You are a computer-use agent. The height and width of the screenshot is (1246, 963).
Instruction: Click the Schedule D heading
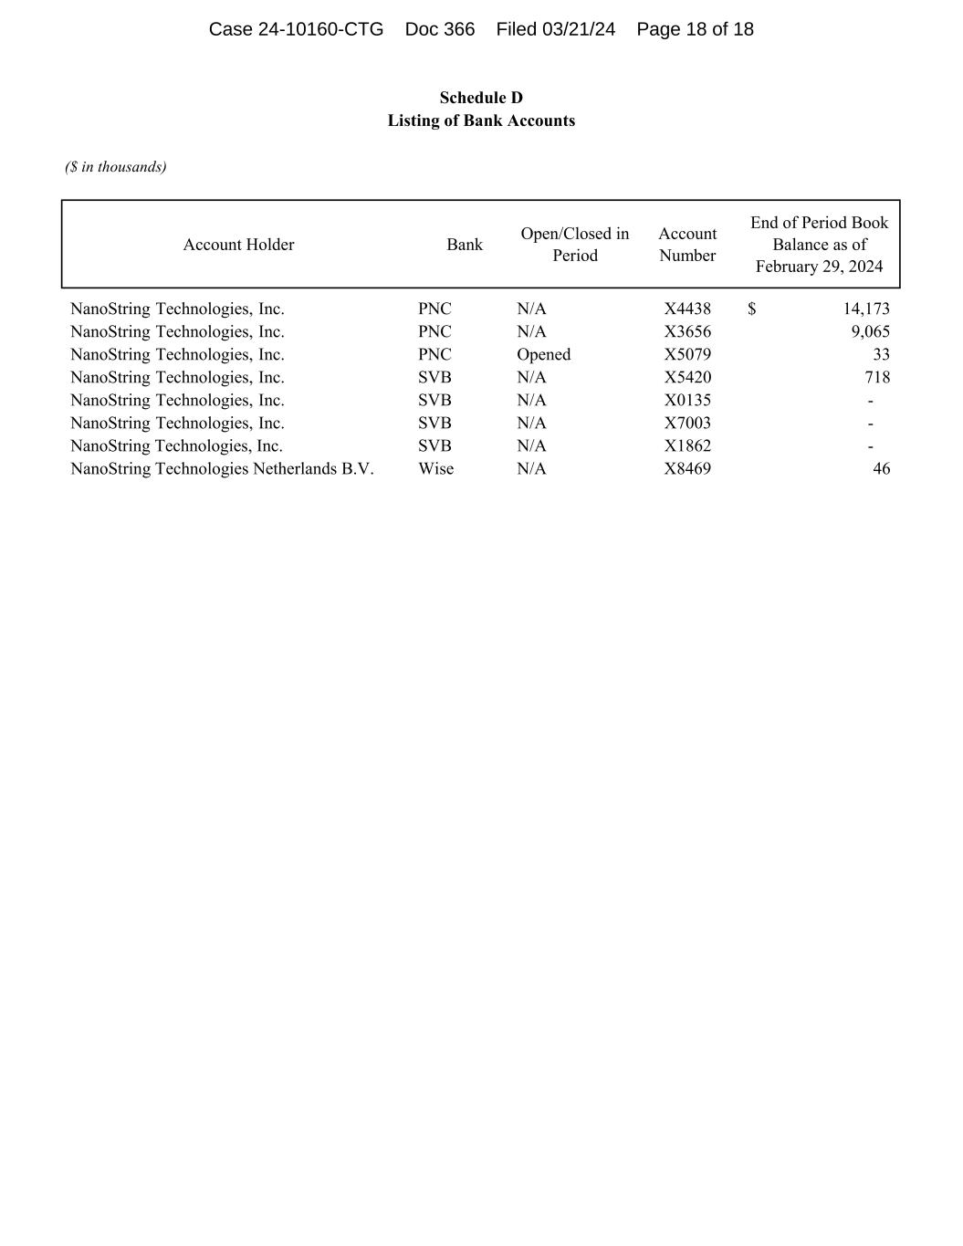pyautogui.click(x=481, y=98)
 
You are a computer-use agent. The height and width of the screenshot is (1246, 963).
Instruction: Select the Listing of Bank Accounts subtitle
pyautogui.click(x=481, y=120)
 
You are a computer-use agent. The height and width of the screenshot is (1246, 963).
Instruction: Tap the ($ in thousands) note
pyautogui.click(x=116, y=166)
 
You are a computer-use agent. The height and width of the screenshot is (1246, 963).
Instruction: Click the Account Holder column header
pyautogui.click(x=238, y=245)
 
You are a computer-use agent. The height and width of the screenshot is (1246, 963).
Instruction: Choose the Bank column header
pyautogui.click(x=465, y=245)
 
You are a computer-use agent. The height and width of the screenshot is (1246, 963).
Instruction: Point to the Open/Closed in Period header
pyautogui.click(x=574, y=245)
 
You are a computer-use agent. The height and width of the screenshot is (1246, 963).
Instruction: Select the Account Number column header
pyautogui.click(x=687, y=245)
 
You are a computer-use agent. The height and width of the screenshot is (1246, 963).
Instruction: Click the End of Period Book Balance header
pyautogui.click(x=819, y=245)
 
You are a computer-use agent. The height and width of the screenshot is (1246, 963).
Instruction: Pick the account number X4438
pyautogui.click(x=687, y=309)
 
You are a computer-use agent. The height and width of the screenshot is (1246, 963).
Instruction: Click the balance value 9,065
pyautogui.click(x=870, y=331)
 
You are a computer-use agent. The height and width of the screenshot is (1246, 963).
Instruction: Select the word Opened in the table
pyautogui.click(x=543, y=354)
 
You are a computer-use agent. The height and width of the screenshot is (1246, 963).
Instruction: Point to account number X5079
pyautogui.click(x=687, y=354)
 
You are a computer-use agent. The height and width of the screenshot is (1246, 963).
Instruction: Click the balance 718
pyautogui.click(x=876, y=377)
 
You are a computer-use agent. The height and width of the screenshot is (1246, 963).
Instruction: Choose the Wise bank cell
pyautogui.click(x=435, y=468)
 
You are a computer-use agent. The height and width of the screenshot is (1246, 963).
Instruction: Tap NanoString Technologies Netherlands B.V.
pyautogui.click(x=222, y=468)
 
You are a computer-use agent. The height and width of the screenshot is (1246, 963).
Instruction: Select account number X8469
pyautogui.click(x=687, y=468)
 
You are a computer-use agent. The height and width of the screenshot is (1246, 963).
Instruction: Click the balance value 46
pyautogui.click(x=881, y=468)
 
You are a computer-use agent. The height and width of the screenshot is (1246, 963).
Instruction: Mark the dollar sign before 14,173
pyautogui.click(x=751, y=309)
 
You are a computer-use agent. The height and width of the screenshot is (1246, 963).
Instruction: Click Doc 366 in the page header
pyautogui.click(x=439, y=29)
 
